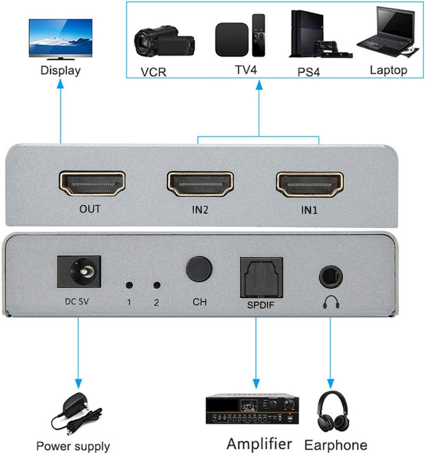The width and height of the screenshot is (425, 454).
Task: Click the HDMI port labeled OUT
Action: [91, 185]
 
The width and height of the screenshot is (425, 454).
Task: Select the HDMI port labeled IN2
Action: [200, 185]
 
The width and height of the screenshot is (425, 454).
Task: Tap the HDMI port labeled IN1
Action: [310, 185]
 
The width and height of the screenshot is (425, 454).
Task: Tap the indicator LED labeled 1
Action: [129, 285]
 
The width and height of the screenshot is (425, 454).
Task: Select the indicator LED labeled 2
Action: [156, 285]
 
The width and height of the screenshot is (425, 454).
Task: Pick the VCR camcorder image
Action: [164, 41]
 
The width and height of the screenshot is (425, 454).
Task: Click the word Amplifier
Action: [259, 443]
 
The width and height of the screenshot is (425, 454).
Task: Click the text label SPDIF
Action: [260, 305]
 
